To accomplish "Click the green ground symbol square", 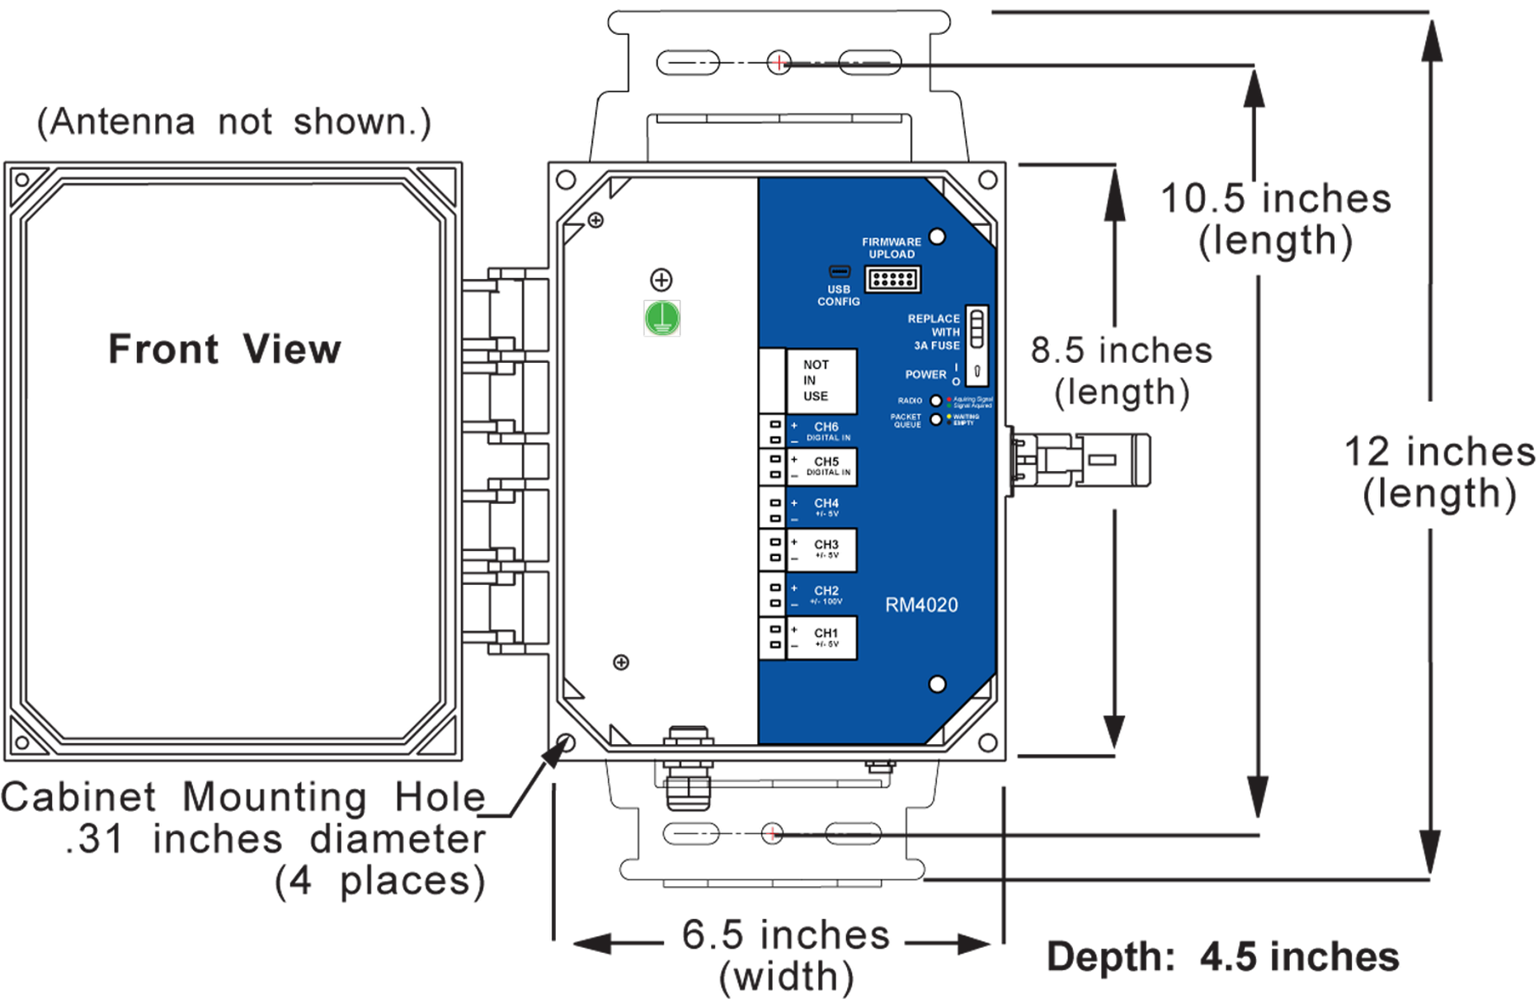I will (662, 318).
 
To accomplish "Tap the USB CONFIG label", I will (838, 295).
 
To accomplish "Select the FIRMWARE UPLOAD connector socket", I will (892, 279).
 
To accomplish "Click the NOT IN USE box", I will (821, 380).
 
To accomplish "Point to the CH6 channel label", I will (826, 427).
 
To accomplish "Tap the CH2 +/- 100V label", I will (826, 596).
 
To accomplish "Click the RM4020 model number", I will (921, 605).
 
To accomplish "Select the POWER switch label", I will (925, 375).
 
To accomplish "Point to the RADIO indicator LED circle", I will (936, 401).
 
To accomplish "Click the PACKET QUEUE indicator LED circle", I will (936, 419).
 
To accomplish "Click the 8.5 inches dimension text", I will (1121, 370).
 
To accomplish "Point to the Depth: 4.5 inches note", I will (1222, 957).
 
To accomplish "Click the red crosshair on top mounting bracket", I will (779, 62).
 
